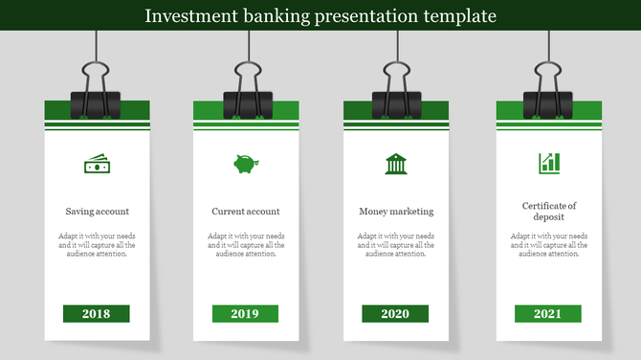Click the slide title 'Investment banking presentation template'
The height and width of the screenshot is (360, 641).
320,15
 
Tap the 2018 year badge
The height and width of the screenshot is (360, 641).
96,314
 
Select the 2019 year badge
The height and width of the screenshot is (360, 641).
245,314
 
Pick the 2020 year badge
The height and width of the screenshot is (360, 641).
395,314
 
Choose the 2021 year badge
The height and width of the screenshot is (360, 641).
547,314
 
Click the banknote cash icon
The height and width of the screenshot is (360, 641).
97,165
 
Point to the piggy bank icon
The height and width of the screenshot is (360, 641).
246,164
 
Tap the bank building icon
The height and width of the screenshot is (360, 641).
395,164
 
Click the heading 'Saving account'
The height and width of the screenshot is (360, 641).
97,212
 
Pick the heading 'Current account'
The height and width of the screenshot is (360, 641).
246,212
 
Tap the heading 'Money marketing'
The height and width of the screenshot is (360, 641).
396,212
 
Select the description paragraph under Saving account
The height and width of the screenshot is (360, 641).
97,245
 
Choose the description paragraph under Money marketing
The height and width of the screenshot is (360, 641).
396,245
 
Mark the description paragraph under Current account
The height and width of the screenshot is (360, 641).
246,245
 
